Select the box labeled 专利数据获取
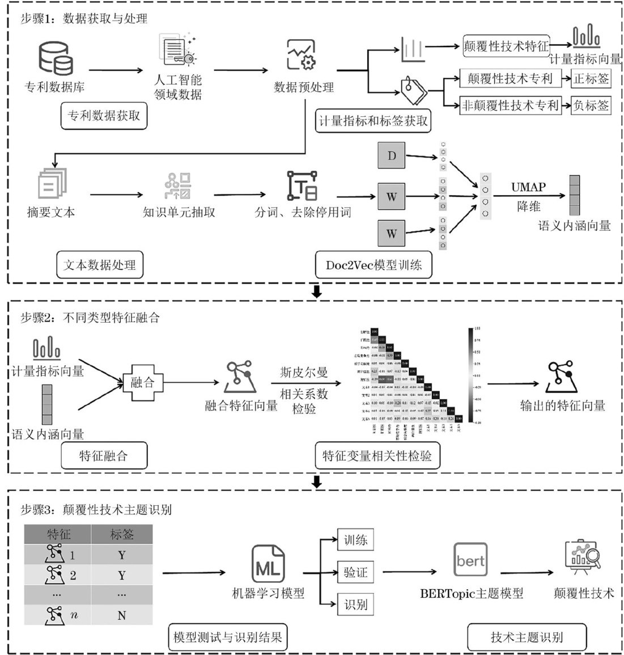[x=104, y=116]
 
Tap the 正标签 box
[x=591, y=78]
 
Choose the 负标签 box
[x=591, y=105]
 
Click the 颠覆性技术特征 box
[x=506, y=47]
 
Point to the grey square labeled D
[x=392, y=155]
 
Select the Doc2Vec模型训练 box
[x=373, y=265]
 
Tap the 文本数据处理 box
[x=100, y=265]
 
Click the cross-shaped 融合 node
[x=142, y=382]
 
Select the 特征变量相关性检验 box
[x=377, y=455]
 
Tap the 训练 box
[x=355, y=540]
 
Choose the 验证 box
[x=355, y=573]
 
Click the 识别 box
[x=355, y=605]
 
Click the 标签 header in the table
[x=122, y=534]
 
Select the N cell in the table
[x=122, y=615]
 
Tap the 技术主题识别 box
[x=527, y=637]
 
